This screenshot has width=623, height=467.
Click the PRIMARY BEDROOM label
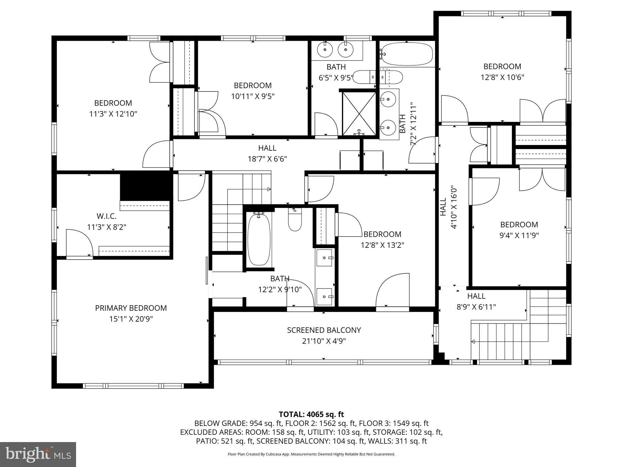pos(131,308)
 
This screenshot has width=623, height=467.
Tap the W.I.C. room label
pos(106,216)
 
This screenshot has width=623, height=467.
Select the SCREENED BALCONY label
pos(324,330)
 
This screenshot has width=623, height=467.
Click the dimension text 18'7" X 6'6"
pos(267,159)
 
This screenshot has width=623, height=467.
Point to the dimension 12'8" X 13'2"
pos(382,245)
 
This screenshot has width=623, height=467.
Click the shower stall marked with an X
pos(359,113)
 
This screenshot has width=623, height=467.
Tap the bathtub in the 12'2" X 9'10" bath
pos(259,240)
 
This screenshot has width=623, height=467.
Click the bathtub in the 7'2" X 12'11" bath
pos(407,54)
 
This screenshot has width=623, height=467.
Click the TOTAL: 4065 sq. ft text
pos(311,414)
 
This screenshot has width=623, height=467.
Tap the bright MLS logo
pos(38,455)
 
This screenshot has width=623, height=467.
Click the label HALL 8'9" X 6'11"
pos(476,301)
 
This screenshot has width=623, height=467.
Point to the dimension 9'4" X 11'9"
pos(519,235)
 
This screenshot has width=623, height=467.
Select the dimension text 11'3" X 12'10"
pos(113,114)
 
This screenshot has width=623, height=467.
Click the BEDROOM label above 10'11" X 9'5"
pos(252,85)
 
